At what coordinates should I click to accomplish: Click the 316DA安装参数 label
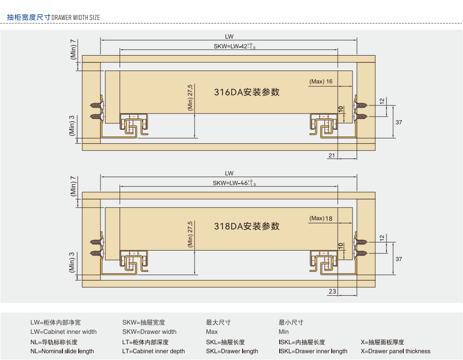click(x=247, y=92)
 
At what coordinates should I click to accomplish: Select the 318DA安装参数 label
click(x=247, y=227)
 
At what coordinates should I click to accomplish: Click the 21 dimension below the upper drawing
click(x=332, y=155)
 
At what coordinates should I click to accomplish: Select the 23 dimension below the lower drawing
click(x=332, y=291)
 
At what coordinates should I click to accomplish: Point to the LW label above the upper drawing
click(x=229, y=37)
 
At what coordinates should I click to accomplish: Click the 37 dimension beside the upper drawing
click(x=398, y=122)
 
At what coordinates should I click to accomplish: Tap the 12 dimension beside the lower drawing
click(x=382, y=237)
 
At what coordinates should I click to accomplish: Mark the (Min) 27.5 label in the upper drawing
click(x=190, y=98)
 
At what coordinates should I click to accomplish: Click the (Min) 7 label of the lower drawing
click(x=73, y=186)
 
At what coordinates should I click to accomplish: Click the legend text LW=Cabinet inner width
click(x=63, y=332)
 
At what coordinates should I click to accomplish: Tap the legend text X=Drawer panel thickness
click(x=395, y=351)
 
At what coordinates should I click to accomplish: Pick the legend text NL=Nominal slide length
click(x=62, y=351)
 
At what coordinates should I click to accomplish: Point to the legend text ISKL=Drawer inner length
click(x=313, y=351)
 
